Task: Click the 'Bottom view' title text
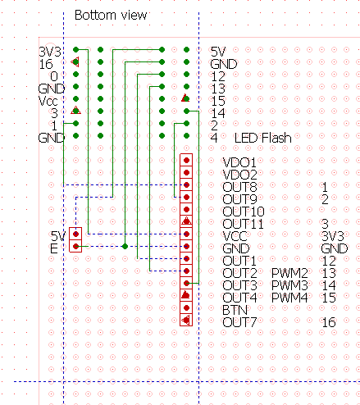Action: [111, 15]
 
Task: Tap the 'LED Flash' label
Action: [262, 138]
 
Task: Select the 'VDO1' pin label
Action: [239, 162]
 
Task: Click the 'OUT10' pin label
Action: [244, 212]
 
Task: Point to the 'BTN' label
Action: [235, 310]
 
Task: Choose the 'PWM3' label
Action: [289, 285]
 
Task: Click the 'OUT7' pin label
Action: [239, 322]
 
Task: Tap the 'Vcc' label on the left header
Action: [48, 101]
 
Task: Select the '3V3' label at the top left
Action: [50, 52]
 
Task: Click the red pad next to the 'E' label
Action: [76, 246]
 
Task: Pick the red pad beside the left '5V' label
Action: [76, 234]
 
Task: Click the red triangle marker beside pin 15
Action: [185, 98]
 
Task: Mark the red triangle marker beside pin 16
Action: [75, 61]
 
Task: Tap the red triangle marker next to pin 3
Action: [75, 111]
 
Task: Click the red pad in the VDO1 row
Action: [186, 160]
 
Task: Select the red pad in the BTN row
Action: [186, 307]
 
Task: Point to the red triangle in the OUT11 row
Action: [186, 221]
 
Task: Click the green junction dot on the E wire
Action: [125, 246]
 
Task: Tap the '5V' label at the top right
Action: [218, 52]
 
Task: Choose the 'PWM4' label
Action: [289, 298]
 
